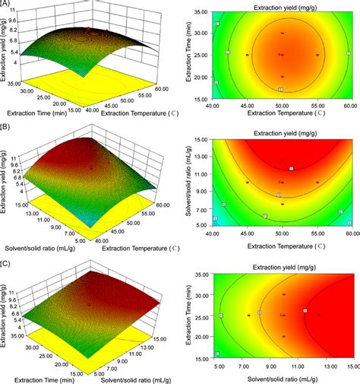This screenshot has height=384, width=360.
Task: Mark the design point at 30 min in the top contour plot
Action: click(x=281, y=33)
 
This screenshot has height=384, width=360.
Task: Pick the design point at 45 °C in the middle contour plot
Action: click(x=248, y=182)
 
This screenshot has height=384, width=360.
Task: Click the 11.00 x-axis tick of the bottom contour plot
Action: click(x=298, y=365)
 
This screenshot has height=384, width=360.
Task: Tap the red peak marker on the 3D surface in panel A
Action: click(x=88, y=30)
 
